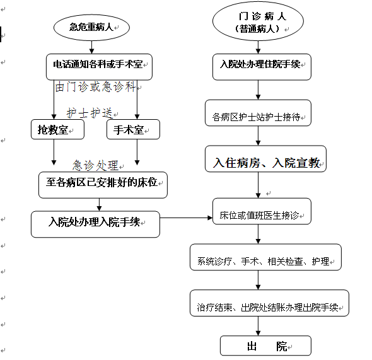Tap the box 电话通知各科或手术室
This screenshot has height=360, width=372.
click(99, 67)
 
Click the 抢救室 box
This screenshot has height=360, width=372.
click(57, 129)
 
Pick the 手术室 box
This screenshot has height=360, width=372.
click(133, 129)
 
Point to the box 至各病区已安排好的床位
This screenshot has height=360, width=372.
click(103, 185)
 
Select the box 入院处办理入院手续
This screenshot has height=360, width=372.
click(95, 224)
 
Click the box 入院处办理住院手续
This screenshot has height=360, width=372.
click(262, 67)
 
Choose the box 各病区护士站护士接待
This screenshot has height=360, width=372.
click(258, 113)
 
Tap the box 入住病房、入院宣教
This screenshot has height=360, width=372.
click(265, 159)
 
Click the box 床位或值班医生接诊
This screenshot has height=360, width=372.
click(262, 211)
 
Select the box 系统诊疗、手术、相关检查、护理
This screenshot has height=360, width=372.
click(265, 257)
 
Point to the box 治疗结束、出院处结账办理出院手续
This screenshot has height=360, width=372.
click(269, 303)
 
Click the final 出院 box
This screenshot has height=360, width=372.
click(265, 345)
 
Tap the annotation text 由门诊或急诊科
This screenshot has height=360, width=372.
click(95, 86)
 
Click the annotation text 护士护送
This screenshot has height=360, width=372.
click(90, 113)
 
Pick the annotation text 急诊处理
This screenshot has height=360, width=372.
click(95, 165)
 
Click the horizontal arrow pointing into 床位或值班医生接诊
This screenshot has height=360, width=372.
click(186, 218)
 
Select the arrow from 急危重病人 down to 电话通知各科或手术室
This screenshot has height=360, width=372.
click(92, 47)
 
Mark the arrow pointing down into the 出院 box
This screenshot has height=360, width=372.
click(258, 326)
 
